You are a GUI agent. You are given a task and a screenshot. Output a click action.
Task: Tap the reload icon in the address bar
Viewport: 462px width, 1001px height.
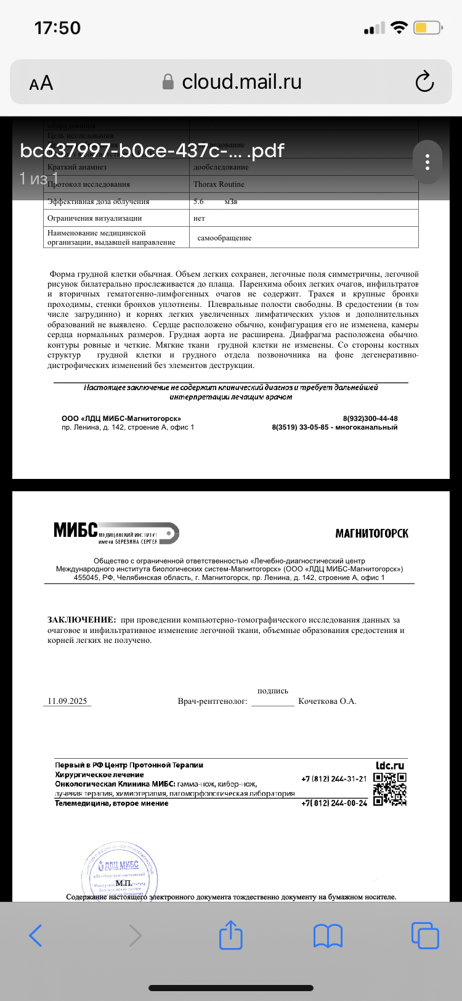pos(424,82)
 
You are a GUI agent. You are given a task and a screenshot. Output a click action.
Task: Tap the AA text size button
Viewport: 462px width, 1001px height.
pos(41,83)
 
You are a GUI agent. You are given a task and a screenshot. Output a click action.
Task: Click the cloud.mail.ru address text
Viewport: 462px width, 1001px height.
pos(241,81)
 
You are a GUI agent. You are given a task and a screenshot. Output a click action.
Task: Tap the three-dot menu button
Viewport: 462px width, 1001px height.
pos(428,162)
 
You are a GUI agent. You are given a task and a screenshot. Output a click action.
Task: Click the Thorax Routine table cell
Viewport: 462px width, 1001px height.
pos(219,184)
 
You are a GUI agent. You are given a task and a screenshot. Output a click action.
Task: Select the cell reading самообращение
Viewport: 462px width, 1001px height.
pos(224,238)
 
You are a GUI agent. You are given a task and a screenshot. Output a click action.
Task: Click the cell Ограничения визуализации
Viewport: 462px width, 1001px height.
pos(95,218)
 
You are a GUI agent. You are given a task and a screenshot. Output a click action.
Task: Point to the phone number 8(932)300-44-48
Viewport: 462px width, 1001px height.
pos(370,419)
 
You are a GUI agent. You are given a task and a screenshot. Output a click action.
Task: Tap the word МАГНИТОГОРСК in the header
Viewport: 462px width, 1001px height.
pos(371,534)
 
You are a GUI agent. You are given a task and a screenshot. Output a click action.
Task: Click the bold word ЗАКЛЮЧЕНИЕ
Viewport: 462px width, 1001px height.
pos(81,619)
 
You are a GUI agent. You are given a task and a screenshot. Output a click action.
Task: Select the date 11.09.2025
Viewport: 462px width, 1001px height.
pos(67,701)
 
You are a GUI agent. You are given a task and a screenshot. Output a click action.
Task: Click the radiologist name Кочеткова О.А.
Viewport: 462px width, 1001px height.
pos(327,701)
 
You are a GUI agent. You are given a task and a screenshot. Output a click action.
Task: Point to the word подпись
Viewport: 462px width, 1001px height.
pos(273,691)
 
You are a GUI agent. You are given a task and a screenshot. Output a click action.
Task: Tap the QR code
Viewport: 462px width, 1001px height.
pos(390,789)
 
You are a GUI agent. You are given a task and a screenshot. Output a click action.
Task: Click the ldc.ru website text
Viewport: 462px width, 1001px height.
pos(390,766)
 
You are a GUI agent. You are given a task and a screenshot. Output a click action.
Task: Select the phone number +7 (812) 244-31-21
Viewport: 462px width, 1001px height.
pos(334,779)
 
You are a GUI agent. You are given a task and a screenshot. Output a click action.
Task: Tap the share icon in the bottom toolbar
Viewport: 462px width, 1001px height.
pos(231,935)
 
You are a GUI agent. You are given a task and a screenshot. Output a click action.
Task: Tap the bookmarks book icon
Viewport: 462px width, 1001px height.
pos(328,936)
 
